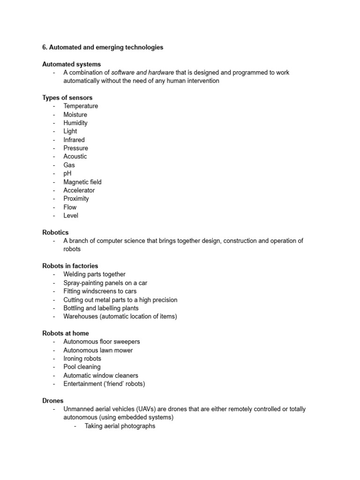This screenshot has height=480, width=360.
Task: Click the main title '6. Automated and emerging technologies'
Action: click(103, 47)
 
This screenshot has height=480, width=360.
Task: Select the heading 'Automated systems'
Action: click(71, 64)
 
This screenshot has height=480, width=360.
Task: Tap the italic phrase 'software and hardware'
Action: click(142, 73)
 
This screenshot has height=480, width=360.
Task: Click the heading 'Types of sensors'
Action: click(67, 98)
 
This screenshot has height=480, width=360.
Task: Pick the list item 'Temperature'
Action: click(81, 106)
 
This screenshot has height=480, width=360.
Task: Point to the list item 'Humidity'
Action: click(75, 123)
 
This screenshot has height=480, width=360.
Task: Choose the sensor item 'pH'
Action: click(67, 173)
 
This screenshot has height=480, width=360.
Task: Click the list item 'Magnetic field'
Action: click(82, 182)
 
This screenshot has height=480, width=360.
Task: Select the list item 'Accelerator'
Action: click(79, 190)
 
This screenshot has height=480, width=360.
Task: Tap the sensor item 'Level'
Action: click(71, 216)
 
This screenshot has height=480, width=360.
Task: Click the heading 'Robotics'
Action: click(55, 232)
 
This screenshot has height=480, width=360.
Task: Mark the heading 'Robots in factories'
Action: click(70, 266)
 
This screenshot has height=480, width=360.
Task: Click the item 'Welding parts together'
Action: click(94, 274)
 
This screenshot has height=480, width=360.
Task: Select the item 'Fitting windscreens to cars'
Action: click(100, 291)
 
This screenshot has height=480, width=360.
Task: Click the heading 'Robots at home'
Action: click(65, 334)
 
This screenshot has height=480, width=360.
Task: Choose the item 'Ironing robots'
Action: click(82, 359)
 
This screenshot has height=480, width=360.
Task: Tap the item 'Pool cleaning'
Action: click(82, 367)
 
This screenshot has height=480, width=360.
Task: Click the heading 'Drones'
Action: click(52, 401)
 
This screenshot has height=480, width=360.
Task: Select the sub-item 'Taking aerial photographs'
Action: click(120, 426)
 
